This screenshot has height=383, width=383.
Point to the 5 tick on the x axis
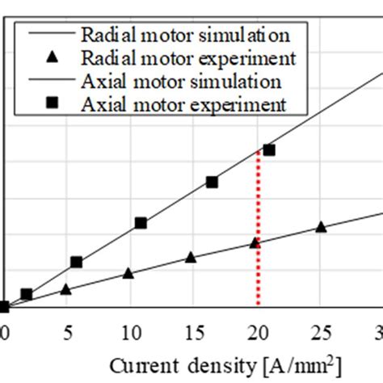tap(66, 331)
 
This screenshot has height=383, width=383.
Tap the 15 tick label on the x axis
tap(192, 331)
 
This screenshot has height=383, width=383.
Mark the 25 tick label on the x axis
tap(320, 331)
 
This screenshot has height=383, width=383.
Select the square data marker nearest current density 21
tap(269, 149)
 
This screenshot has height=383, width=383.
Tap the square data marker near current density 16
tap(212, 182)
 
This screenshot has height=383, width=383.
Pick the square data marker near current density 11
tap(141, 222)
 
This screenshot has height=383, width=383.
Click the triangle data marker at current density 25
tap(321, 227)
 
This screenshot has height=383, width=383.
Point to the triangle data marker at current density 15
tap(191, 257)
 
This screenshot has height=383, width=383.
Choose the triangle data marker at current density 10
tap(128, 273)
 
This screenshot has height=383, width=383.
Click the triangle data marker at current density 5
tap(65, 288)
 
